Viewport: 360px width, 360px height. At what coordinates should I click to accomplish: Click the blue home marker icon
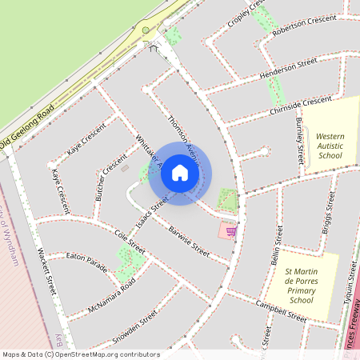pyautogui.click(x=180, y=173)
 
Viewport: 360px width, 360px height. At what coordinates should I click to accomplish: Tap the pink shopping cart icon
pyautogui.click(x=230, y=231)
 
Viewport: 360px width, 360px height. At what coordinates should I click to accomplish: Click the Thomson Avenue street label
pyautogui.click(x=183, y=134)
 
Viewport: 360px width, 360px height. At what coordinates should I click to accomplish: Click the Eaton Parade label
pyautogui.click(x=86, y=259)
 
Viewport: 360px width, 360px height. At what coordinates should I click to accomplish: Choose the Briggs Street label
pyautogui.click(x=329, y=211)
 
